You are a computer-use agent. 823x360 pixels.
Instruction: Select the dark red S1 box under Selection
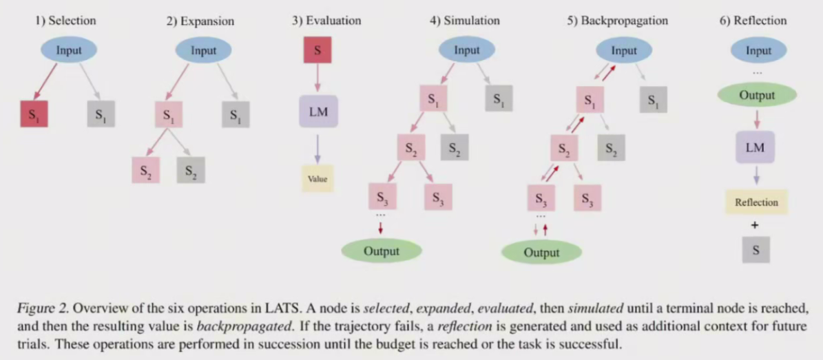tap(33, 114)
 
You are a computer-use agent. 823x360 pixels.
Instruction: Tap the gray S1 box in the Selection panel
tap(101, 114)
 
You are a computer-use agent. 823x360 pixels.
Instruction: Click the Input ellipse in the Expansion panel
tap(203, 50)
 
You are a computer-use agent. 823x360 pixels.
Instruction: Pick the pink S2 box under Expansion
tap(145, 169)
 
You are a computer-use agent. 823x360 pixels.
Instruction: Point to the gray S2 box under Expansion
tap(191, 169)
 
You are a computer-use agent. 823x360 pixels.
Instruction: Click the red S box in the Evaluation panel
tap(317, 50)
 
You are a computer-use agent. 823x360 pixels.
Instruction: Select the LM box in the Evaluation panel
tap(317, 112)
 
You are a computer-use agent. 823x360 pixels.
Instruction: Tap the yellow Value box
tap(317, 179)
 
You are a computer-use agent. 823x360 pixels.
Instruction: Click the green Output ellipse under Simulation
tap(381, 251)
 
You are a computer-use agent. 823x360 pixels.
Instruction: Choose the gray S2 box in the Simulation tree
tap(455, 148)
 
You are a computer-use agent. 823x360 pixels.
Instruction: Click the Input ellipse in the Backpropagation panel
tap(624, 50)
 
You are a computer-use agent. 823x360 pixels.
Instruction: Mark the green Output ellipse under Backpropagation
tap(541, 253)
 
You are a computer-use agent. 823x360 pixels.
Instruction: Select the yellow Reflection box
tap(756, 202)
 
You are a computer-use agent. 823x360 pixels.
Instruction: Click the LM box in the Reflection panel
tap(756, 147)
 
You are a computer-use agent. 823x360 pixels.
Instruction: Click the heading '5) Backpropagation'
tap(618, 21)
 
